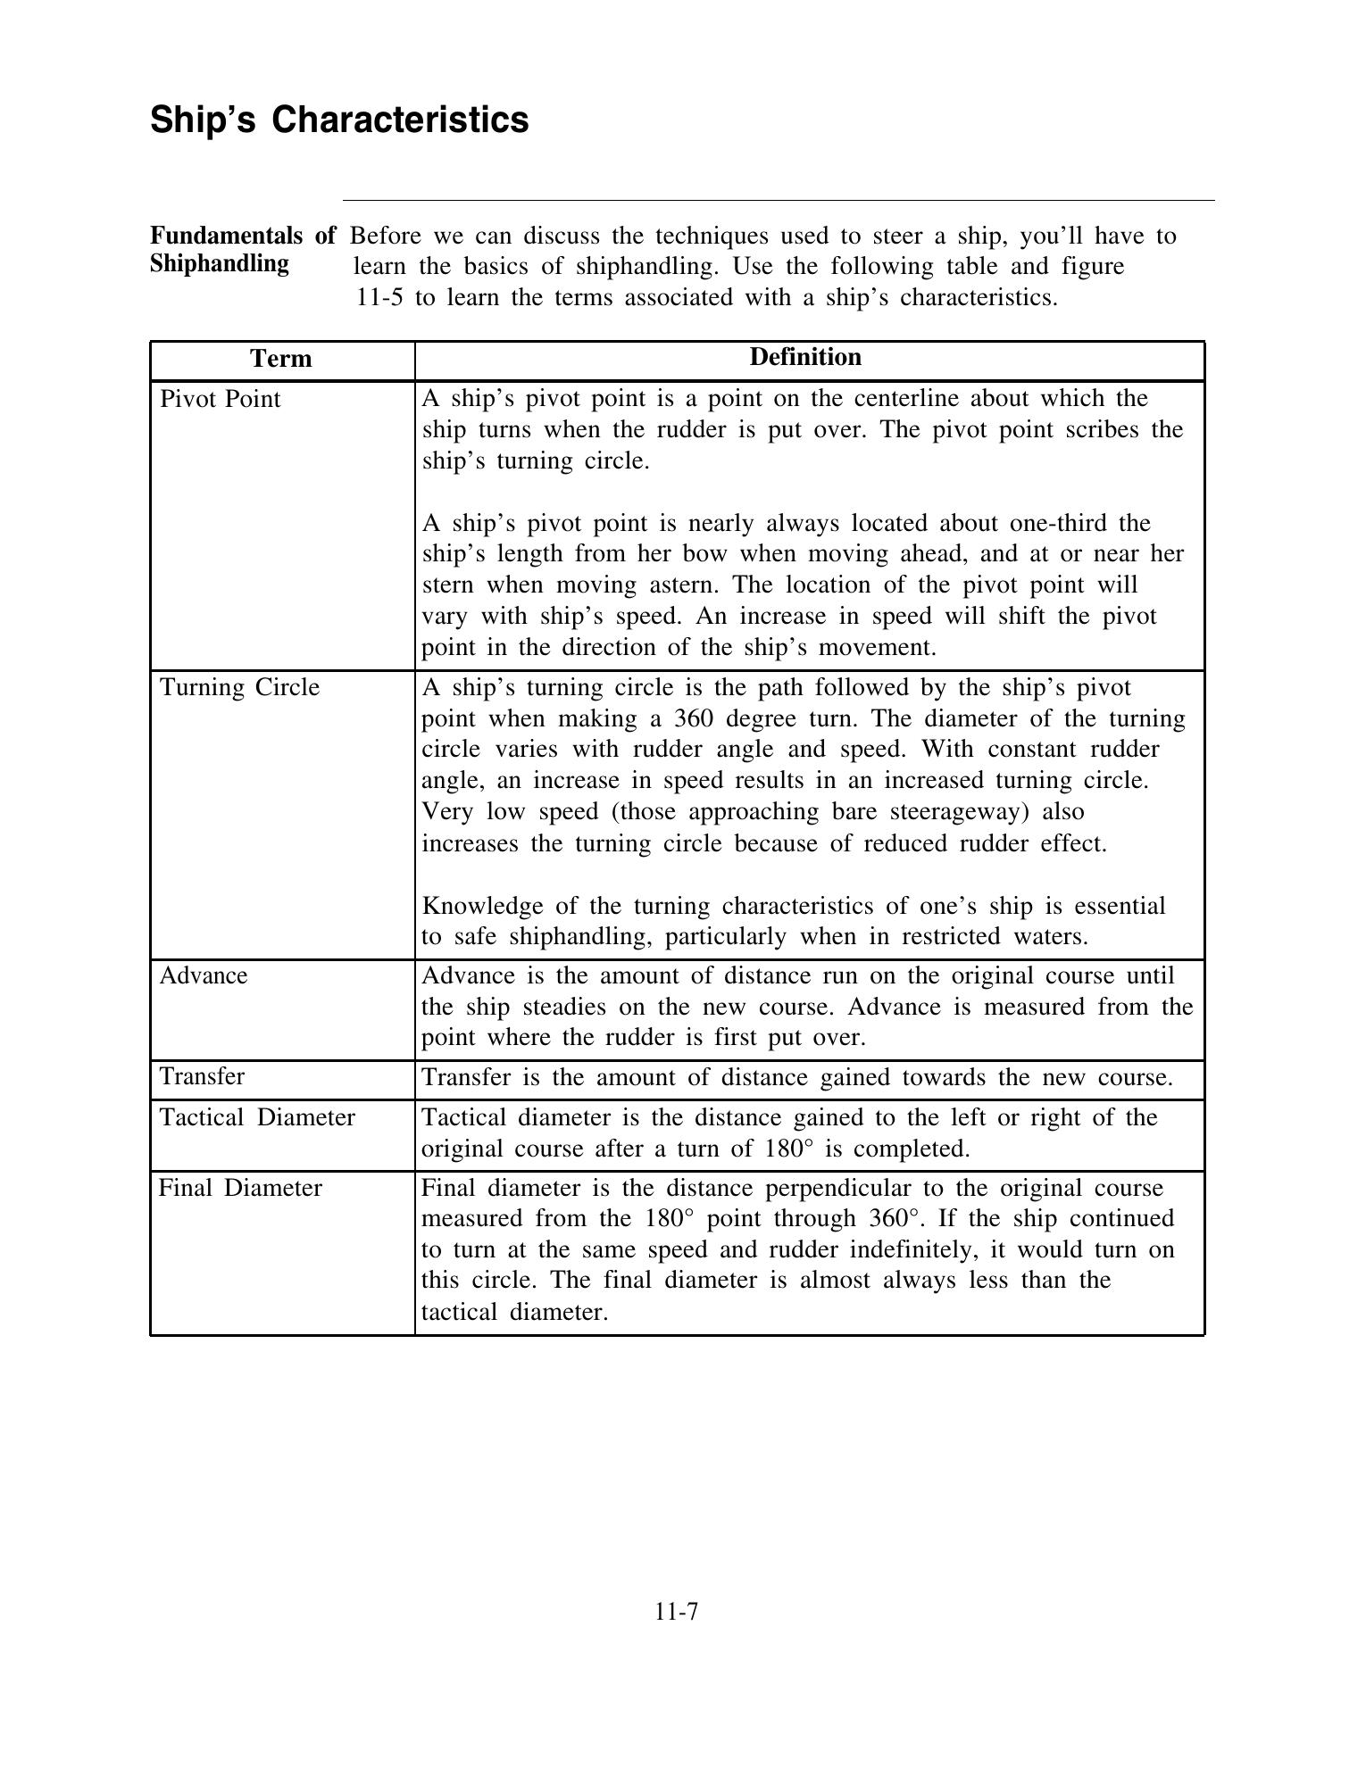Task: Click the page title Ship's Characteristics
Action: (339, 120)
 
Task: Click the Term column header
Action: (281, 359)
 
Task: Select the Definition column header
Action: (805, 357)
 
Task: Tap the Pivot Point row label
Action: (220, 399)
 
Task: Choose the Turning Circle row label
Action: (239, 687)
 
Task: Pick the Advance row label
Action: (204, 975)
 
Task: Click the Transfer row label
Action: (202, 1076)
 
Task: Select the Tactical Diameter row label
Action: (257, 1117)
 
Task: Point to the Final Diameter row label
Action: (240, 1188)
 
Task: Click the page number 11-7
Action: (676, 1612)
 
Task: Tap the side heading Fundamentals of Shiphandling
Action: (243, 250)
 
